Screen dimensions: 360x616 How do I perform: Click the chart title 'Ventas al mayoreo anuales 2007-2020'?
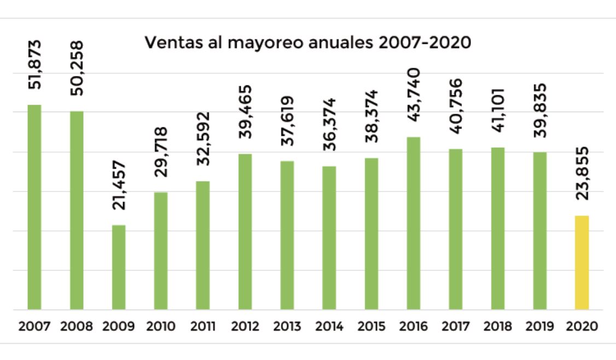tap(307, 43)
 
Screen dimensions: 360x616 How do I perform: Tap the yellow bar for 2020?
tap(582, 263)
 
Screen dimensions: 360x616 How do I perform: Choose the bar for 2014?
tap(329, 237)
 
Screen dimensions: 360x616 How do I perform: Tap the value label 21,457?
tap(119, 186)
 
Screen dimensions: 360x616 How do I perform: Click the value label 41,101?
tap(498, 109)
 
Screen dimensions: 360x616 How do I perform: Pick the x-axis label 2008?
tap(77, 327)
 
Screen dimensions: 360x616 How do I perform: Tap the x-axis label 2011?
tap(202, 327)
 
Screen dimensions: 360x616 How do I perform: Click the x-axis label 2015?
tap(371, 327)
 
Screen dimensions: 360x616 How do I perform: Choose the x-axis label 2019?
tap(540, 327)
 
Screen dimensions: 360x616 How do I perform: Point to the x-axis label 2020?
tap(582, 327)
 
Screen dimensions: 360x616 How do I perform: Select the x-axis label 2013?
tap(287, 327)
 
